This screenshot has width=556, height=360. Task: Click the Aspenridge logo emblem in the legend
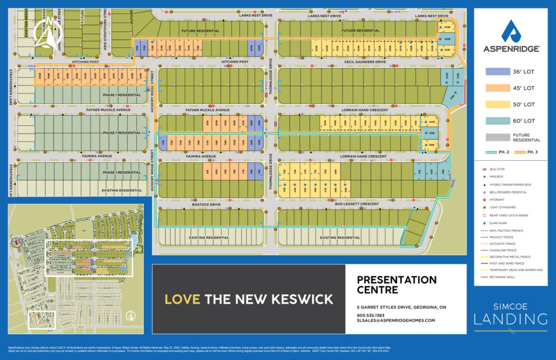511,31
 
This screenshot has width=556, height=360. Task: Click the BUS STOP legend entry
498,169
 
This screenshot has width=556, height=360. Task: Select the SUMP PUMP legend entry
500,223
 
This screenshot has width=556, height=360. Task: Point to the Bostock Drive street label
206,205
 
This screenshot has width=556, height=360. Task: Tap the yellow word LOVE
182,299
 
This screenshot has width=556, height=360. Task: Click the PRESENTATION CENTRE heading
396,285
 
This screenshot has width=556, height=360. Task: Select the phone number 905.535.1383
371,315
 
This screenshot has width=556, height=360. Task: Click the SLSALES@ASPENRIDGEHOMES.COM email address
396,321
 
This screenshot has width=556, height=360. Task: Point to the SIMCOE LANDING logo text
510,315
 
